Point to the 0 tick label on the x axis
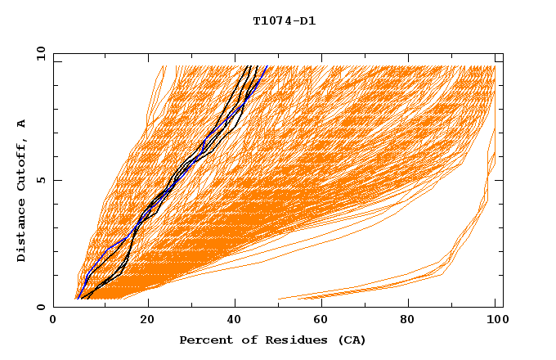tap(53, 320)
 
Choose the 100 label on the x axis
tap(495, 320)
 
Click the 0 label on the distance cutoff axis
tap(41, 308)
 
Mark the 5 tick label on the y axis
tap(41, 180)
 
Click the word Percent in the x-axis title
tap(204, 340)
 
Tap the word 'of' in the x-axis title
tap(244, 340)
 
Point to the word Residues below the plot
tap(289, 340)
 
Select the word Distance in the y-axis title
tap(21, 233)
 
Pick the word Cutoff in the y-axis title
tap(21, 164)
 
